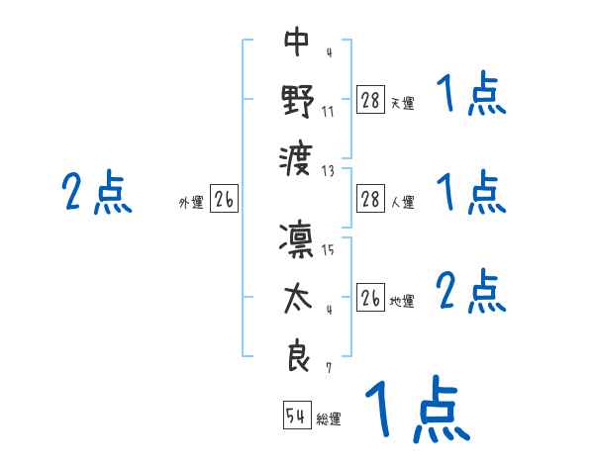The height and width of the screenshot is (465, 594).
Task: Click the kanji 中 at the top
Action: (297, 42)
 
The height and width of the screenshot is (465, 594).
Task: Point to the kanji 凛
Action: (297, 238)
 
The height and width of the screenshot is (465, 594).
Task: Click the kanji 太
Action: (297, 299)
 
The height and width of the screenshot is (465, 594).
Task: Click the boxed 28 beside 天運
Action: (369, 100)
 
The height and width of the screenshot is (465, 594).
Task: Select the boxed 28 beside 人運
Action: (369, 199)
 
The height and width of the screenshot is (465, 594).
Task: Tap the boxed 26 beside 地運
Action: (369, 297)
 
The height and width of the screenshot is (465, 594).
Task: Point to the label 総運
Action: (329, 419)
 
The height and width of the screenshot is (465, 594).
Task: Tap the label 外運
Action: (190, 203)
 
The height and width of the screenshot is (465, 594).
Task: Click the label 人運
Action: (403, 203)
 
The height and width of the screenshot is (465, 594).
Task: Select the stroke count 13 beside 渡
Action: (329, 169)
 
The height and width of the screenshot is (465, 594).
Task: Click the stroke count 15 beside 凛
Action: (329, 250)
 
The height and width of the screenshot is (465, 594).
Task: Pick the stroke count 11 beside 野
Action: (329, 111)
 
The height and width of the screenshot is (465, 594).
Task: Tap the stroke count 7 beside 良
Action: (329, 369)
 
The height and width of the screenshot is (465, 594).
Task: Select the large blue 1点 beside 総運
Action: (416, 408)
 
